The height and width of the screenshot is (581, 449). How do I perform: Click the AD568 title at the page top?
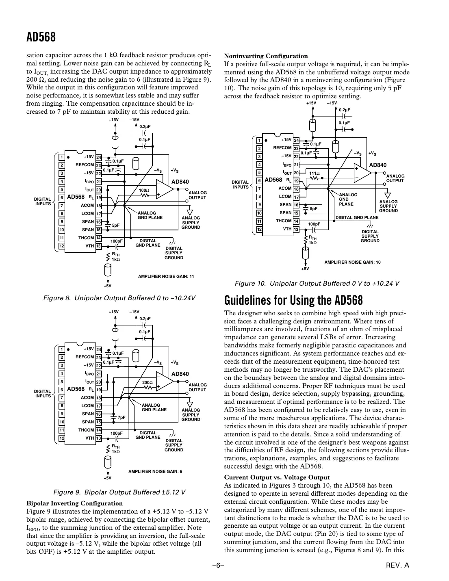[x=41, y=37]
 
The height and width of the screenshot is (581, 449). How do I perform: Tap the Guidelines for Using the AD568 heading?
[x=293, y=301]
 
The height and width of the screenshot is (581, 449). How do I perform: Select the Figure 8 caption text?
[x=119, y=298]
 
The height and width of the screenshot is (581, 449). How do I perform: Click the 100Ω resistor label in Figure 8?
[x=144, y=190]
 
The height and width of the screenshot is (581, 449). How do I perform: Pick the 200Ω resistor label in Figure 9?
[x=147, y=382]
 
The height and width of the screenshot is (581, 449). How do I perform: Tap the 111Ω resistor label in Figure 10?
[x=315, y=173]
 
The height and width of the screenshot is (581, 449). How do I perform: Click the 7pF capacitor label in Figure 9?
[x=121, y=417]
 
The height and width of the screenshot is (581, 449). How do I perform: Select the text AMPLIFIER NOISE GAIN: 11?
[x=166, y=277]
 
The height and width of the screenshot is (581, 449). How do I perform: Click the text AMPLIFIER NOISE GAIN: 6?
[x=155, y=471]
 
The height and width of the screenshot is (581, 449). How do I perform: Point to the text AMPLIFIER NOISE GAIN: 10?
[x=352, y=262]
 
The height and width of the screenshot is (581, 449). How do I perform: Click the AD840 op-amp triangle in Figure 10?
[x=362, y=172]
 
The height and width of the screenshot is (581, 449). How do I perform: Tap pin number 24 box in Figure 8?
[x=99, y=157]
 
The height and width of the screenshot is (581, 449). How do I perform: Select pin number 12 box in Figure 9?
[x=61, y=438]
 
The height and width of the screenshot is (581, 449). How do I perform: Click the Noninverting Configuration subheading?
[x=266, y=56]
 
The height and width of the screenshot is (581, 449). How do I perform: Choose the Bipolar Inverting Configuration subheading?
[x=74, y=503]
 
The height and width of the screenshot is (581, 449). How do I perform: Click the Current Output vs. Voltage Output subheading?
[x=277, y=477]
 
